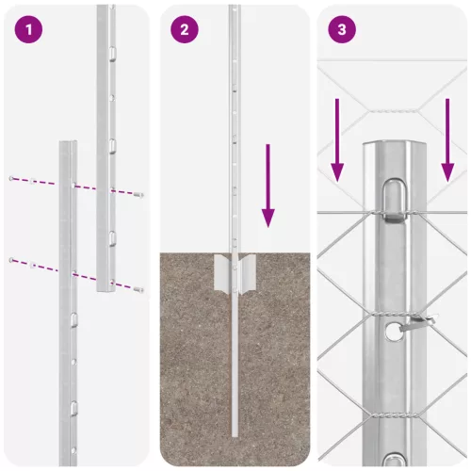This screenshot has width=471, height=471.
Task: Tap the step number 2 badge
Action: pyautogui.click(x=185, y=29)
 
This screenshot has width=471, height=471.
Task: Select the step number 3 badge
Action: pyautogui.click(x=342, y=29)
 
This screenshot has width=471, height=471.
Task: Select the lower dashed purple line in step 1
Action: pyautogui.click(x=75, y=272)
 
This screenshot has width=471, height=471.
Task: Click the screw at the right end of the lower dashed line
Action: pyautogui.click(x=138, y=288)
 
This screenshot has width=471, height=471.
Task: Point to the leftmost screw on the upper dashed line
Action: pyautogui.click(x=12, y=178)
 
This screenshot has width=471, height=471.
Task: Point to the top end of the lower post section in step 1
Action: pyautogui.click(x=67, y=145)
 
